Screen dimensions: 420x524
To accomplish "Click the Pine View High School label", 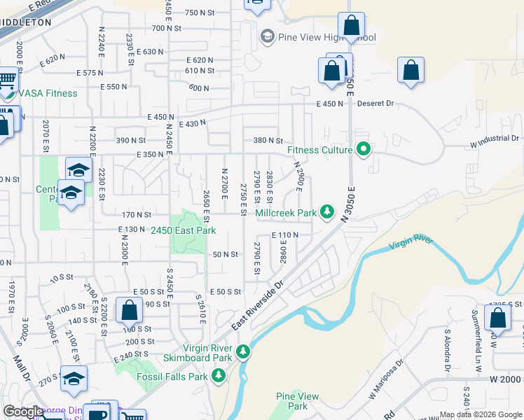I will [x=327, y=37].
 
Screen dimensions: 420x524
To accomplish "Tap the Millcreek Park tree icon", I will [x=326, y=211].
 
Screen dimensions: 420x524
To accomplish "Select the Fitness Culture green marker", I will [x=363, y=149].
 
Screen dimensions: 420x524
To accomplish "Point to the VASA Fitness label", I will [x=48, y=93].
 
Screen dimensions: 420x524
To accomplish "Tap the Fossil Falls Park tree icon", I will [x=219, y=377].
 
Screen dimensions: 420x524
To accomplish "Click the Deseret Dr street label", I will [x=376, y=104].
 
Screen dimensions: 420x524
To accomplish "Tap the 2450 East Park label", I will [x=184, y=230].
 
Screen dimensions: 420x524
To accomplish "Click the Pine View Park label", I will [x=298, y=401].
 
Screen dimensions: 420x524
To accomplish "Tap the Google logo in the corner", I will [x=24, y=412].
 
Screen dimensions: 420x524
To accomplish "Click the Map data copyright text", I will [x=481, y=414].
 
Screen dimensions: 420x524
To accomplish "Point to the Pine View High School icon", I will [x=267, y=36].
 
